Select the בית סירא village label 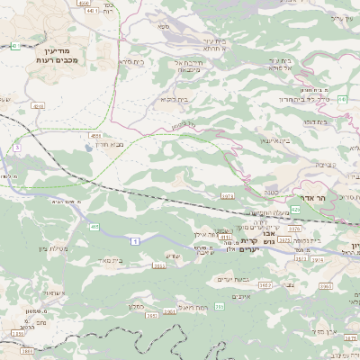click(x=132, y=62)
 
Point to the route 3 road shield click(x=16, y=147)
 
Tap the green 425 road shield click(x=294, y=208)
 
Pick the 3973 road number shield click(x=227, y=194)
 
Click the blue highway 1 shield click(x=135, y=240)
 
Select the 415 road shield click(x=94, y=228)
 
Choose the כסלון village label click(x=136, y=306)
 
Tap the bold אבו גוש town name click(x=238, y=241)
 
